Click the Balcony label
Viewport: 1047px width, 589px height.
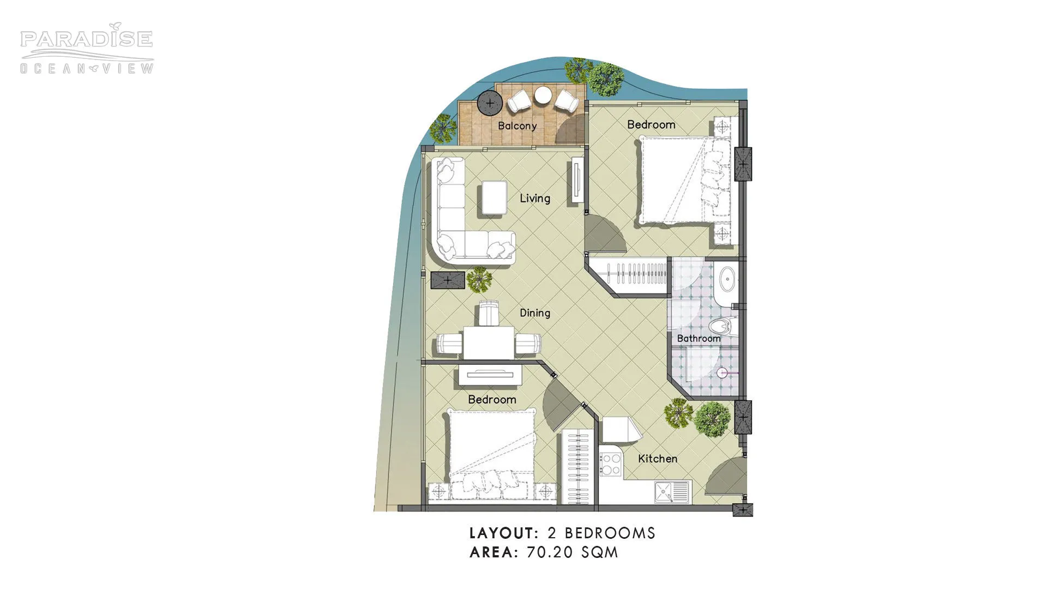(517, 126)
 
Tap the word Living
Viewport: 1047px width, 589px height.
(534, 199)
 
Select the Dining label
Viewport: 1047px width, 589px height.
(534, 313)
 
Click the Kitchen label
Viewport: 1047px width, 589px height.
(658, 459)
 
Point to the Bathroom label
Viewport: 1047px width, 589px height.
(699, 339)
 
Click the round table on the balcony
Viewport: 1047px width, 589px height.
(544, 95)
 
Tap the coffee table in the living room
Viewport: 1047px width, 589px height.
(494, 197)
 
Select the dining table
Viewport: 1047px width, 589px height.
(489, 342)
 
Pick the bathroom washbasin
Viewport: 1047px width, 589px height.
(726, 280)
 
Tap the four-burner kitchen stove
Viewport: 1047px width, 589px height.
(610, 464)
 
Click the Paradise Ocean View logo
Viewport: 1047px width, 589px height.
(87, 49)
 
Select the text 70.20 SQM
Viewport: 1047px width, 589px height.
(572, 552)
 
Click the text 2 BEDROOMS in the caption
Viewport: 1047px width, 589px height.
(601, 533)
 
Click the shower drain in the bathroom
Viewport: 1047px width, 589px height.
(723, 374)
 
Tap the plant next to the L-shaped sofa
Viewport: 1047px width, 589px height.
(479, 279)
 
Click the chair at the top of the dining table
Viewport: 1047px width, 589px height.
(489, 313)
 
